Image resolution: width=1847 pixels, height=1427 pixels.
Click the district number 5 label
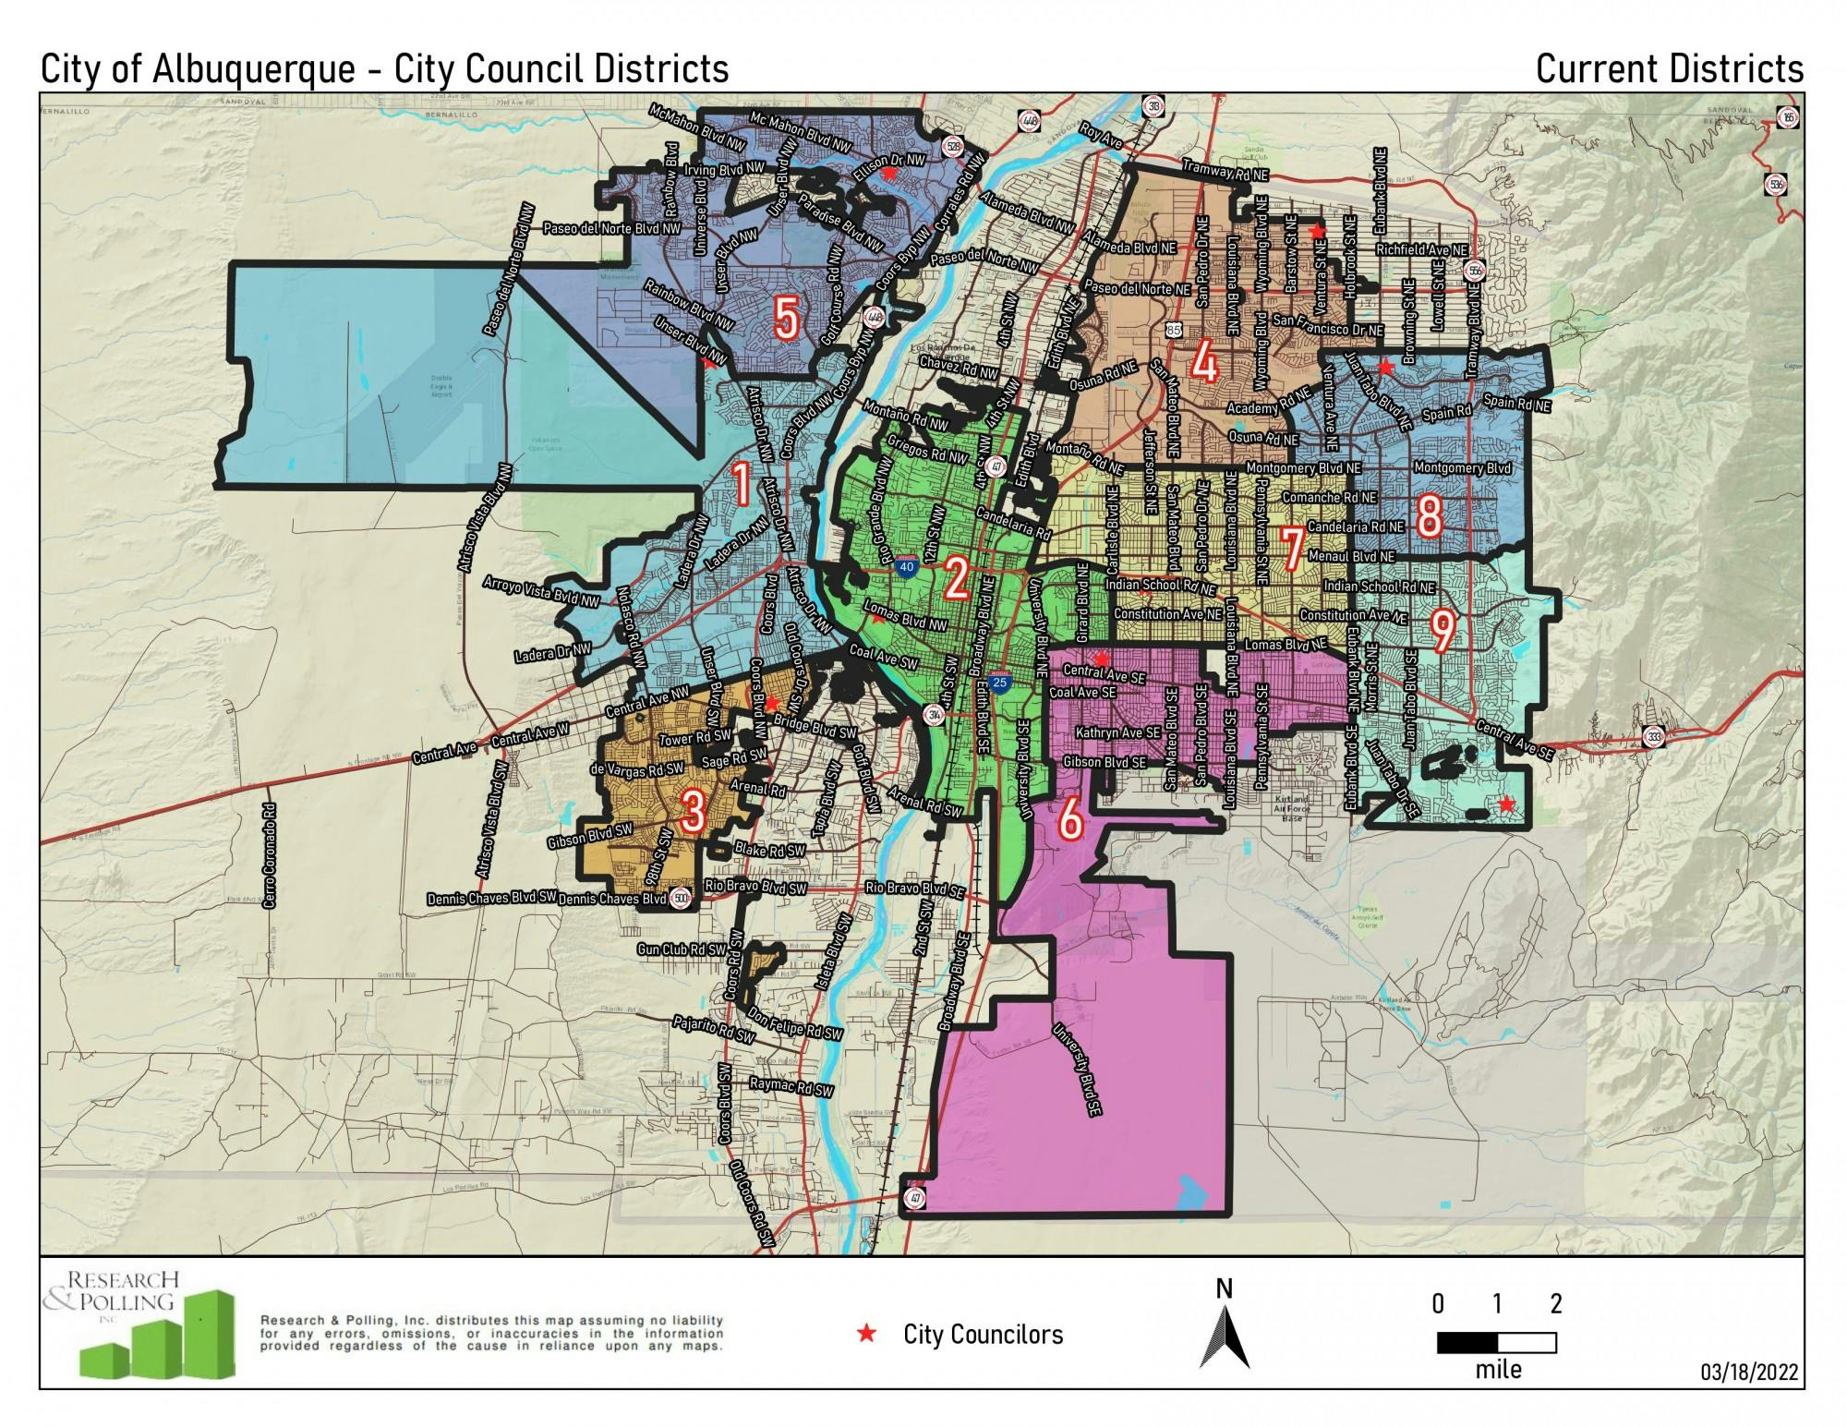click(786, 319)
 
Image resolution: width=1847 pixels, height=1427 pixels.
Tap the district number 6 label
click(1069, 818)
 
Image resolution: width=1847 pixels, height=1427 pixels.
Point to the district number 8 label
click(1429, 515)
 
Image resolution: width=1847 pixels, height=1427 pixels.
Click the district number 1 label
click(740, 486)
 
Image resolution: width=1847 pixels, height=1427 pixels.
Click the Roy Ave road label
click(1101, 138)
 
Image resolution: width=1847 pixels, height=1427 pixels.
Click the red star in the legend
click(866, 1333)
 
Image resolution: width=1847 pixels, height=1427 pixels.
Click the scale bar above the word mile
click(1496, 1341)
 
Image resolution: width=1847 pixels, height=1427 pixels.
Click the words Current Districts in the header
click(1669, 69)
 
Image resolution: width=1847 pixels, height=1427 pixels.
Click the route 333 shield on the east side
click(1655, 736)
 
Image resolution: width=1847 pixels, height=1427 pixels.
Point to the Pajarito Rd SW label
click(713, 1029)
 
